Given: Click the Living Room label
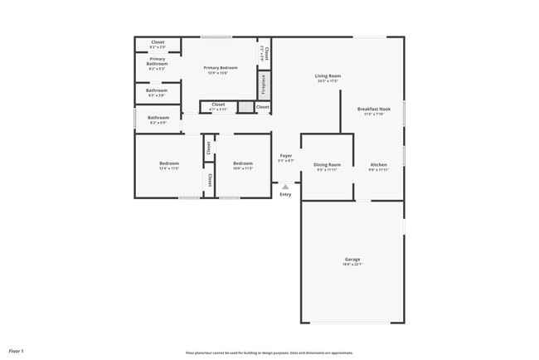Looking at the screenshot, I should pos(329,75).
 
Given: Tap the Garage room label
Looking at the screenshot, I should pos(352,260).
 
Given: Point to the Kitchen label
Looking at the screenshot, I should pos(378,164).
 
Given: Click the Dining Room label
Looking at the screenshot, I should pos(327,164).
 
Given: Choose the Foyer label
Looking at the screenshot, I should pos(285,155).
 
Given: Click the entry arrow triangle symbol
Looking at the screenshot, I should pos(285,187).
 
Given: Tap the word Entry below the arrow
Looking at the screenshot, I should pos(285,195).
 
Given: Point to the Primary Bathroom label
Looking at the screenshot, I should pos(158,61).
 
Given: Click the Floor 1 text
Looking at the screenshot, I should pos(17,351).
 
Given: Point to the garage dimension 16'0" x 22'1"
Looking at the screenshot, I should pos(352,265).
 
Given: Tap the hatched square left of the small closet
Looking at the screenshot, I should pos(245,107).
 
